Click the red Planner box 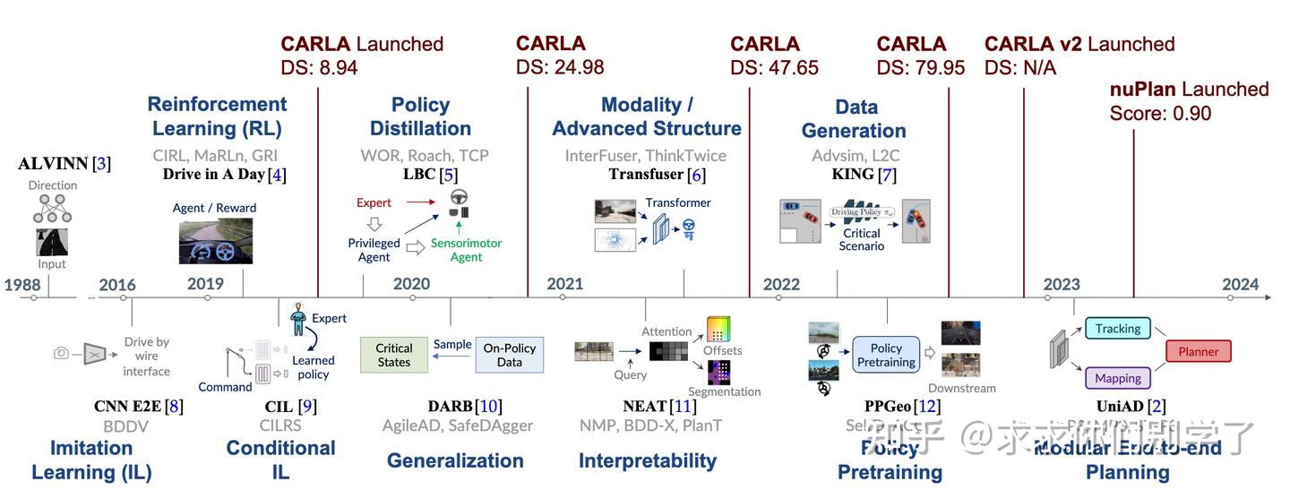(1198, 351)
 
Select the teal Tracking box (1117, 329)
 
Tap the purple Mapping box (1117, 378)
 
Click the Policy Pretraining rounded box (885, 355)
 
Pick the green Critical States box (393, 355)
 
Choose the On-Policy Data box (509, 355)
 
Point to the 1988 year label (21, 285)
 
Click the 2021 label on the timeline (564, 284)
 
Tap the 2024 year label (1240, 285)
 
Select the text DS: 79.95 (920, 67)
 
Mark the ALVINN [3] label (64, 163)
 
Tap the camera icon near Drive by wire (61, 353)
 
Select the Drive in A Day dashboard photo (215, 241)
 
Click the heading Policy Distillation (420, 116)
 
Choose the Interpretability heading (647, 460)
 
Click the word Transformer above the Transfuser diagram (678, 202)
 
